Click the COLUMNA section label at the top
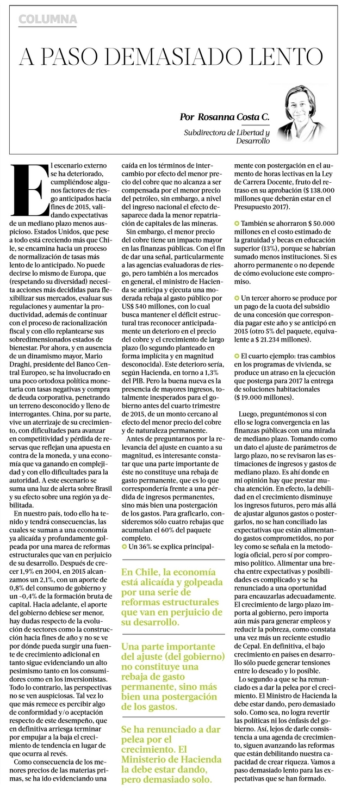(x=48, y=20)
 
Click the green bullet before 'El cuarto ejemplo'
(x=237, y=354)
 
